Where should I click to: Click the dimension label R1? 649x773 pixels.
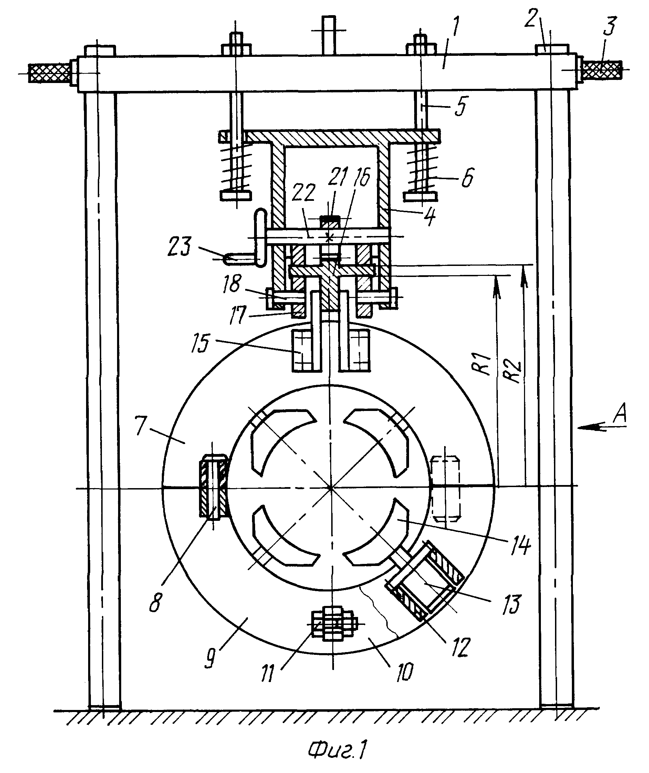pos(486,364)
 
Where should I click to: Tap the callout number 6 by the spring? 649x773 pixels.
pos(467,178)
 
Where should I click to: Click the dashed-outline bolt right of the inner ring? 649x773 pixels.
pos(446,488)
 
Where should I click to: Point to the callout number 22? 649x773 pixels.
pos(303,192)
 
